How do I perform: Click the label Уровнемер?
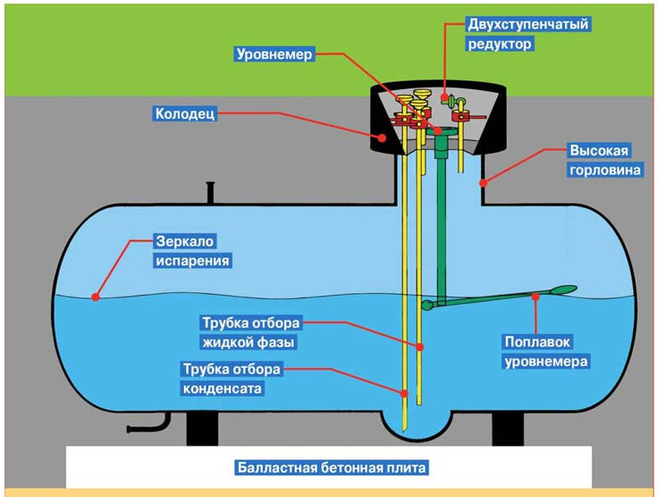274,54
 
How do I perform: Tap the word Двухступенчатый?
528,24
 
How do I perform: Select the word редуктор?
500,44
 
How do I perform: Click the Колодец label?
185,113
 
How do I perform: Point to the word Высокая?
599,151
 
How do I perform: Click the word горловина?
605,170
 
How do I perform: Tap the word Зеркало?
185,241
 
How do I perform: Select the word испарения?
193,261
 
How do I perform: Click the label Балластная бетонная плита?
332,468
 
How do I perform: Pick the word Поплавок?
538,342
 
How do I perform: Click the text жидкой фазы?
249,342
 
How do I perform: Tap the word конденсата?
222,389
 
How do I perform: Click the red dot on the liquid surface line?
96,297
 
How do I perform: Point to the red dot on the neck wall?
483,183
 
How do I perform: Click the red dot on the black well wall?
382,137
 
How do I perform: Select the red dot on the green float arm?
535,297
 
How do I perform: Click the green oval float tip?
563,290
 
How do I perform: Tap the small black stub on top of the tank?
211,192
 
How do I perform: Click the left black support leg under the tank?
202,428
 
